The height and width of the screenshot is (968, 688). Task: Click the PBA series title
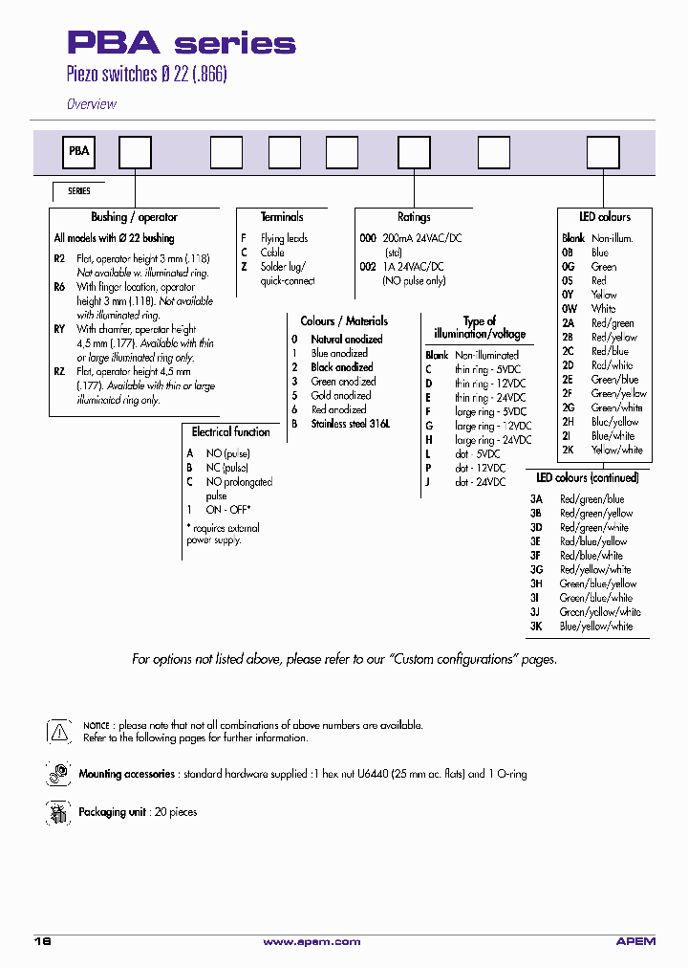pyautogui.click(x=181, y=44)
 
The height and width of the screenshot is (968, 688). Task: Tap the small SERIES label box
pyautogui.click(x=78, y=191)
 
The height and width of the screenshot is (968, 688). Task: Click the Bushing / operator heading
pyautogui.click(x=134, y=217)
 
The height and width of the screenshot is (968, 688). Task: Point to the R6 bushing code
pyautogui.click(x=59, y=287)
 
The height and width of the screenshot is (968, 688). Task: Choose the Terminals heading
pyautogui.click(x=282, y=217)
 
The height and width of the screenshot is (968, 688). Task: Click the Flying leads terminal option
pyautogui.click(x=284, y=238)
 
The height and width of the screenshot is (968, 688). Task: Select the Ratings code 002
pyautogui.click(x=368, y=267)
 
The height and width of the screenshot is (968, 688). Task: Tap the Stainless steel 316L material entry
pyautogui.click(x=351, y=424)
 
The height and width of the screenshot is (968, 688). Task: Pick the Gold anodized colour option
pyautogui.click(x=340, y=395)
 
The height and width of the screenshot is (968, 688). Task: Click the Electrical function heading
pyautogui.click(x=231, y=432)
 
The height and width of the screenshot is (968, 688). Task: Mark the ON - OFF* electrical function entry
pyautogui.click(x=227, y=510)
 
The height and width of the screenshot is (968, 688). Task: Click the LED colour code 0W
pyautogui.click(x=570, y=309)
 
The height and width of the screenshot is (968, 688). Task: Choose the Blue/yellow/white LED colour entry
pyautogui.click(x=596, y=627)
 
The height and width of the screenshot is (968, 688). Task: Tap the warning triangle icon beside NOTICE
pyautogui.click(x=58, y=732)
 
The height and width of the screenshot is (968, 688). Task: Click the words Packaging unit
pyautogui.click(x=112, y=812)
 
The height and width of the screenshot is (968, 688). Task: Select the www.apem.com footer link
pyautogui.click(x=312, y=942)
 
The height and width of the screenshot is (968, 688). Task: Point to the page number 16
pyautogui.click(x=42, y=942)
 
